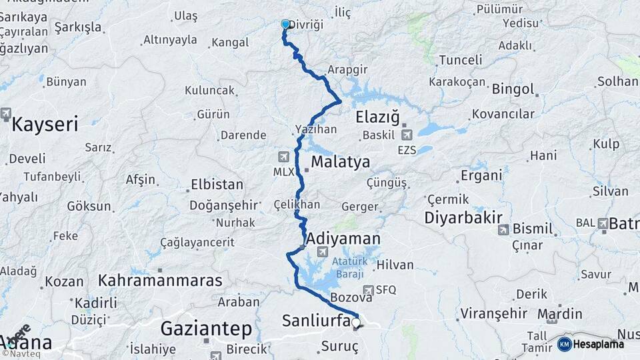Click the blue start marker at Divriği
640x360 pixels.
[x=285, y=24]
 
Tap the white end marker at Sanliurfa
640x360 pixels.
[x=356, y=323]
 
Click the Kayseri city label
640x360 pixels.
[x=45, y=123]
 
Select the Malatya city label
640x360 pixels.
[x=340, y=162]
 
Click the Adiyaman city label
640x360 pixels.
[x=343, y=239]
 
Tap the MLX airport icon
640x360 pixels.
[x=284, y=157]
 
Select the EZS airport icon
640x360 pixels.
[x=406, y=135]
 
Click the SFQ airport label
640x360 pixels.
[x=386, y=290]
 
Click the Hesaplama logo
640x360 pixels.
[x=591, y=344]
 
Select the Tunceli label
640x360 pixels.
[x=460, y=60]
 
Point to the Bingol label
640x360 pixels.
[x=513, y=89]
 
